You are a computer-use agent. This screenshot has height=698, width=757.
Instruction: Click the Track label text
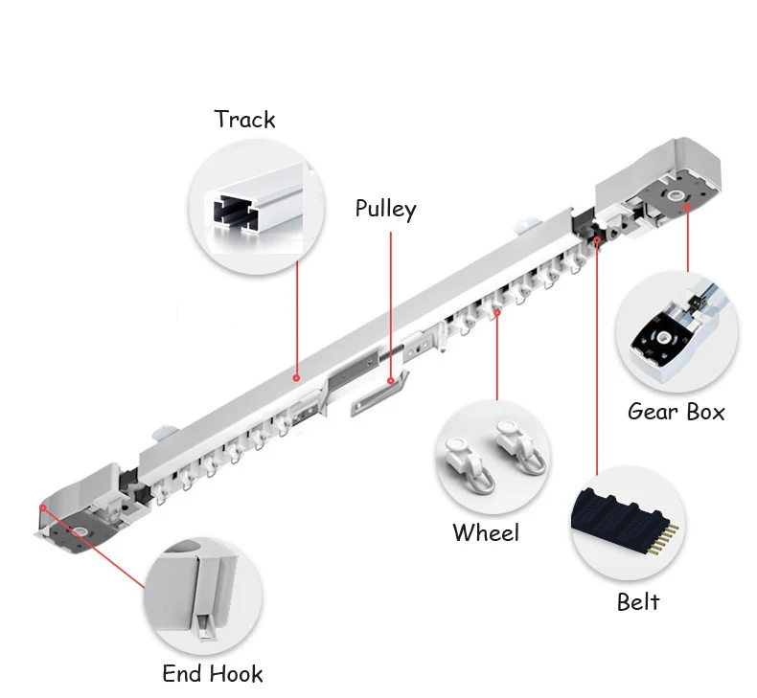click(x=244, y=120)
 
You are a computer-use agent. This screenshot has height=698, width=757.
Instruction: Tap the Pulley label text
click(x=385, y=209)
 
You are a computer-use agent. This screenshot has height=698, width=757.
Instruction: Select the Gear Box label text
click(x=676, y=412)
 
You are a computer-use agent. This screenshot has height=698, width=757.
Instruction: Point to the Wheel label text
click(x=486, y=532)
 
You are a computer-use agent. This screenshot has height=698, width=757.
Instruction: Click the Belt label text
click(x=638, y=601)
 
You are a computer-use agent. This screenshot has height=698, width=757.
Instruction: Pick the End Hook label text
click(x=212, y=673)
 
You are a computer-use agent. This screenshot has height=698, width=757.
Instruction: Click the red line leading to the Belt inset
click(x=597, y=364)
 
